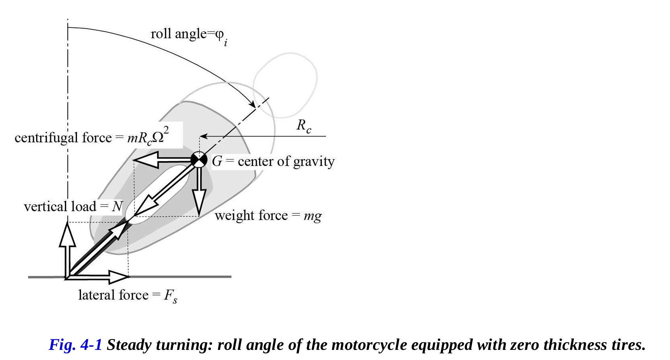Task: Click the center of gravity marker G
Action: point(199,160)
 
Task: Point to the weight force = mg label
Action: point(268,216)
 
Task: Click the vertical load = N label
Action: point(73,206)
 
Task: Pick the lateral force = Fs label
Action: point(128,295)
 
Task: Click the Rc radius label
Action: point(303,126)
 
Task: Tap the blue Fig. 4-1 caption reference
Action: point(75,345)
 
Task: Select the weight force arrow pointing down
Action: point(199,195)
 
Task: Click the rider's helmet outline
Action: point(285,85)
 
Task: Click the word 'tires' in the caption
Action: point(626,345)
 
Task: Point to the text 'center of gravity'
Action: point(286,162)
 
